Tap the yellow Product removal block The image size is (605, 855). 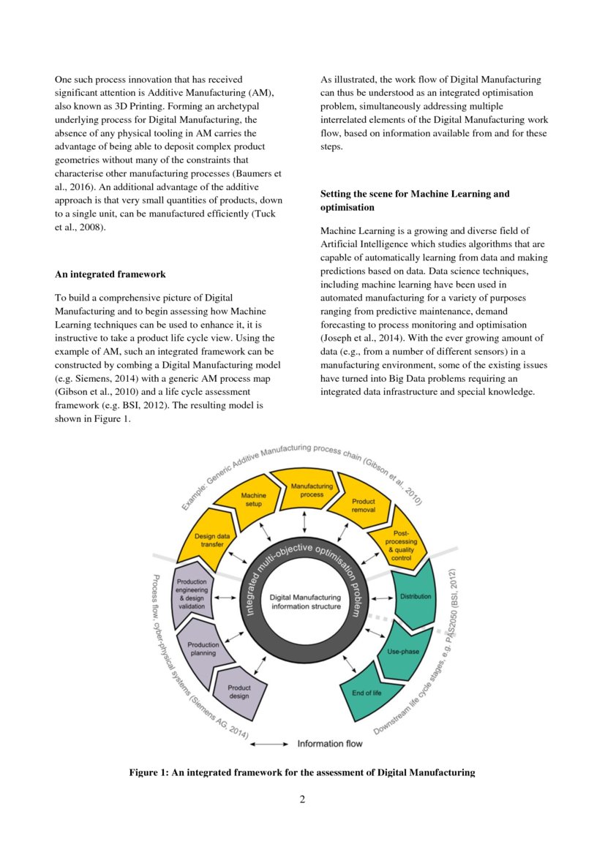point(363,505)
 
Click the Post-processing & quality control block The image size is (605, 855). point(402,546)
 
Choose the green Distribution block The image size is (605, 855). point(415,597)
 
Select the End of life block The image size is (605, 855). point(368,692)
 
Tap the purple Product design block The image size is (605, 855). point(238,692)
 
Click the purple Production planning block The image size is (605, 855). point(203,649)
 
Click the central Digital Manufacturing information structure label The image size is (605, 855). point(305,602)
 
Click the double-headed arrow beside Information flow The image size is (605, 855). point(268,744)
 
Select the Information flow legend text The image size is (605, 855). point(329,744)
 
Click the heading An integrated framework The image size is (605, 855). point(110,274)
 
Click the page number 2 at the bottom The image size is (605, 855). point(302,799)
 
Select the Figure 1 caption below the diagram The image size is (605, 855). point(302,772)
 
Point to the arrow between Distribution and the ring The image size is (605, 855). point(380,598)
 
